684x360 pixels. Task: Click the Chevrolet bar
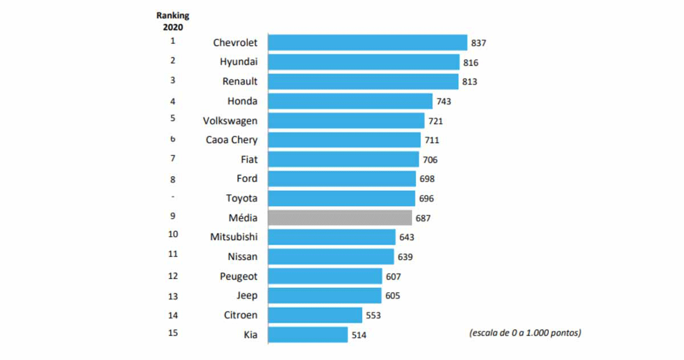[368, 43]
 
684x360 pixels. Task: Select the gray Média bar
[340, 218]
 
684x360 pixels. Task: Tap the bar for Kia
[308, 334]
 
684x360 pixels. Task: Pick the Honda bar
[350, 101]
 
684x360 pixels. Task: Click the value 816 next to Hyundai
[471, 63]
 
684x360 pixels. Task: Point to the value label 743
[443, 101]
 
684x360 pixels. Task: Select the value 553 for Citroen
[373, 316]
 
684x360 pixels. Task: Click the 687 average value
[423, 218]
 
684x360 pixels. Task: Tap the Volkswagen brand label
[230, 121]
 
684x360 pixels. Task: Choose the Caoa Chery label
[231, 140]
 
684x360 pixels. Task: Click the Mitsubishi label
[234, 237]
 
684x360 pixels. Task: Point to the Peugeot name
[239, 276]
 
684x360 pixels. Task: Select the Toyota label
[242, 198]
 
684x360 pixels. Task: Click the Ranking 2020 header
[172, 21]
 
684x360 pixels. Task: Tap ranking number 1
[173, 41]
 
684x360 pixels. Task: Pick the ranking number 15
[173, 333]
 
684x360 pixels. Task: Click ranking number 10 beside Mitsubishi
[173, 234]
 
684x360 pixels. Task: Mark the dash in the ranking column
[173, 197]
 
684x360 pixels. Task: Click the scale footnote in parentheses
[525, 333]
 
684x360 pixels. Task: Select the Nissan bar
[331, 256]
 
